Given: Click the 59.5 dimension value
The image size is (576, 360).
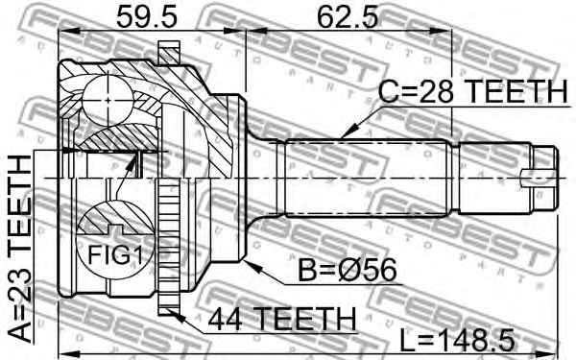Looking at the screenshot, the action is tap(147, 16).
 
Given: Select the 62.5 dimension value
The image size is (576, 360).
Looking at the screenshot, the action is tap(348, 16).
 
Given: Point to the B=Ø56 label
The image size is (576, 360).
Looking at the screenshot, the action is tap(348, 270).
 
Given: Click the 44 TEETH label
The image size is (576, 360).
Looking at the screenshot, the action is tap(282, 320).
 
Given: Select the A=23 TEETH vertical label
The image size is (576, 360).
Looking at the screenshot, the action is tap(20, 250).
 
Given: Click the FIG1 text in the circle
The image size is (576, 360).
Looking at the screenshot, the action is tap(115, 254).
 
